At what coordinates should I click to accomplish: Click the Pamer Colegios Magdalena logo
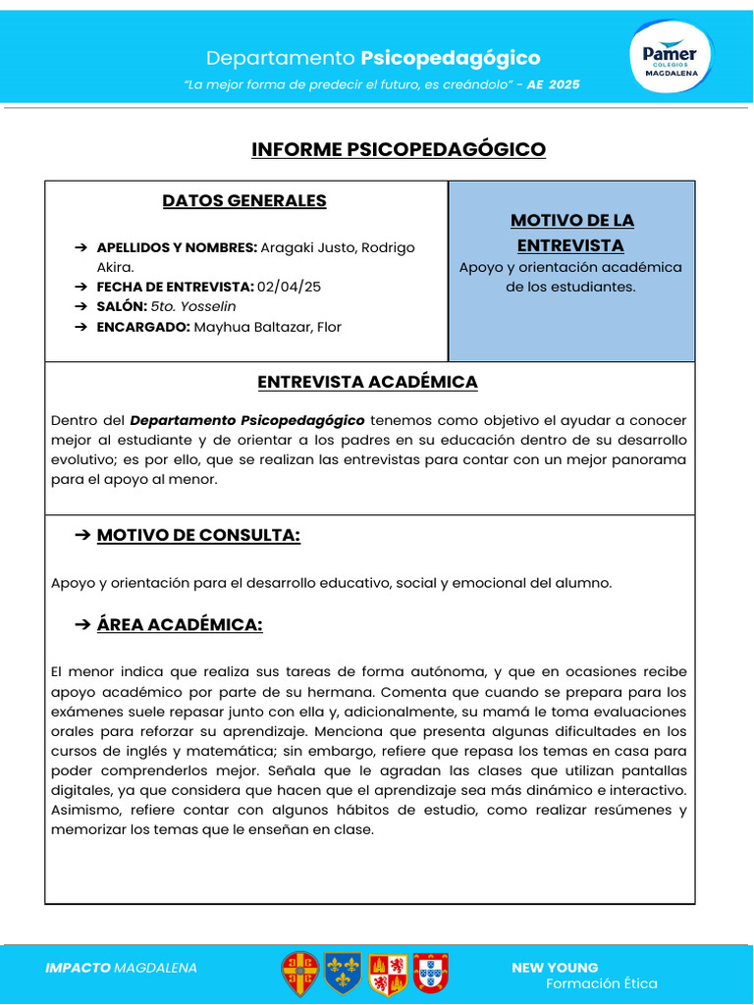point(671,60)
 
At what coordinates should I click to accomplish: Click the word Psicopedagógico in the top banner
point(450,58)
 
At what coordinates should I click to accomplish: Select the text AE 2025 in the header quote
point(553,85)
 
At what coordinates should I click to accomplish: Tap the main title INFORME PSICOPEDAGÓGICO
point(398,149)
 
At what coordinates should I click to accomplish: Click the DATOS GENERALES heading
point(244,201)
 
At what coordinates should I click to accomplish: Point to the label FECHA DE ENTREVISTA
point(175,287)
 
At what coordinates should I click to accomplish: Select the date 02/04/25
point(289,287)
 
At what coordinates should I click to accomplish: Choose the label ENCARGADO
point(142,327)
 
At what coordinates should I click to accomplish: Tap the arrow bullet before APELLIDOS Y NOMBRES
point(81,247)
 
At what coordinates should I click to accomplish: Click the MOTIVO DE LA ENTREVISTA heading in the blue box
point(571,233)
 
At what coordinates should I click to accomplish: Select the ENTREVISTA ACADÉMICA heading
point(367,382)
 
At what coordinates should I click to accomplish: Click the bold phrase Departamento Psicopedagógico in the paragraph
point(246,420)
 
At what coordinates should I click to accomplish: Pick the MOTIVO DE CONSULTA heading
point(198,535)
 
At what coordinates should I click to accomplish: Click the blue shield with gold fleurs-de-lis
point(343,973)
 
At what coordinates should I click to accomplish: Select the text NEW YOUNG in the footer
point(555,968)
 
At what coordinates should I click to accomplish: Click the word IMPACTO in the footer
point(78,968)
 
